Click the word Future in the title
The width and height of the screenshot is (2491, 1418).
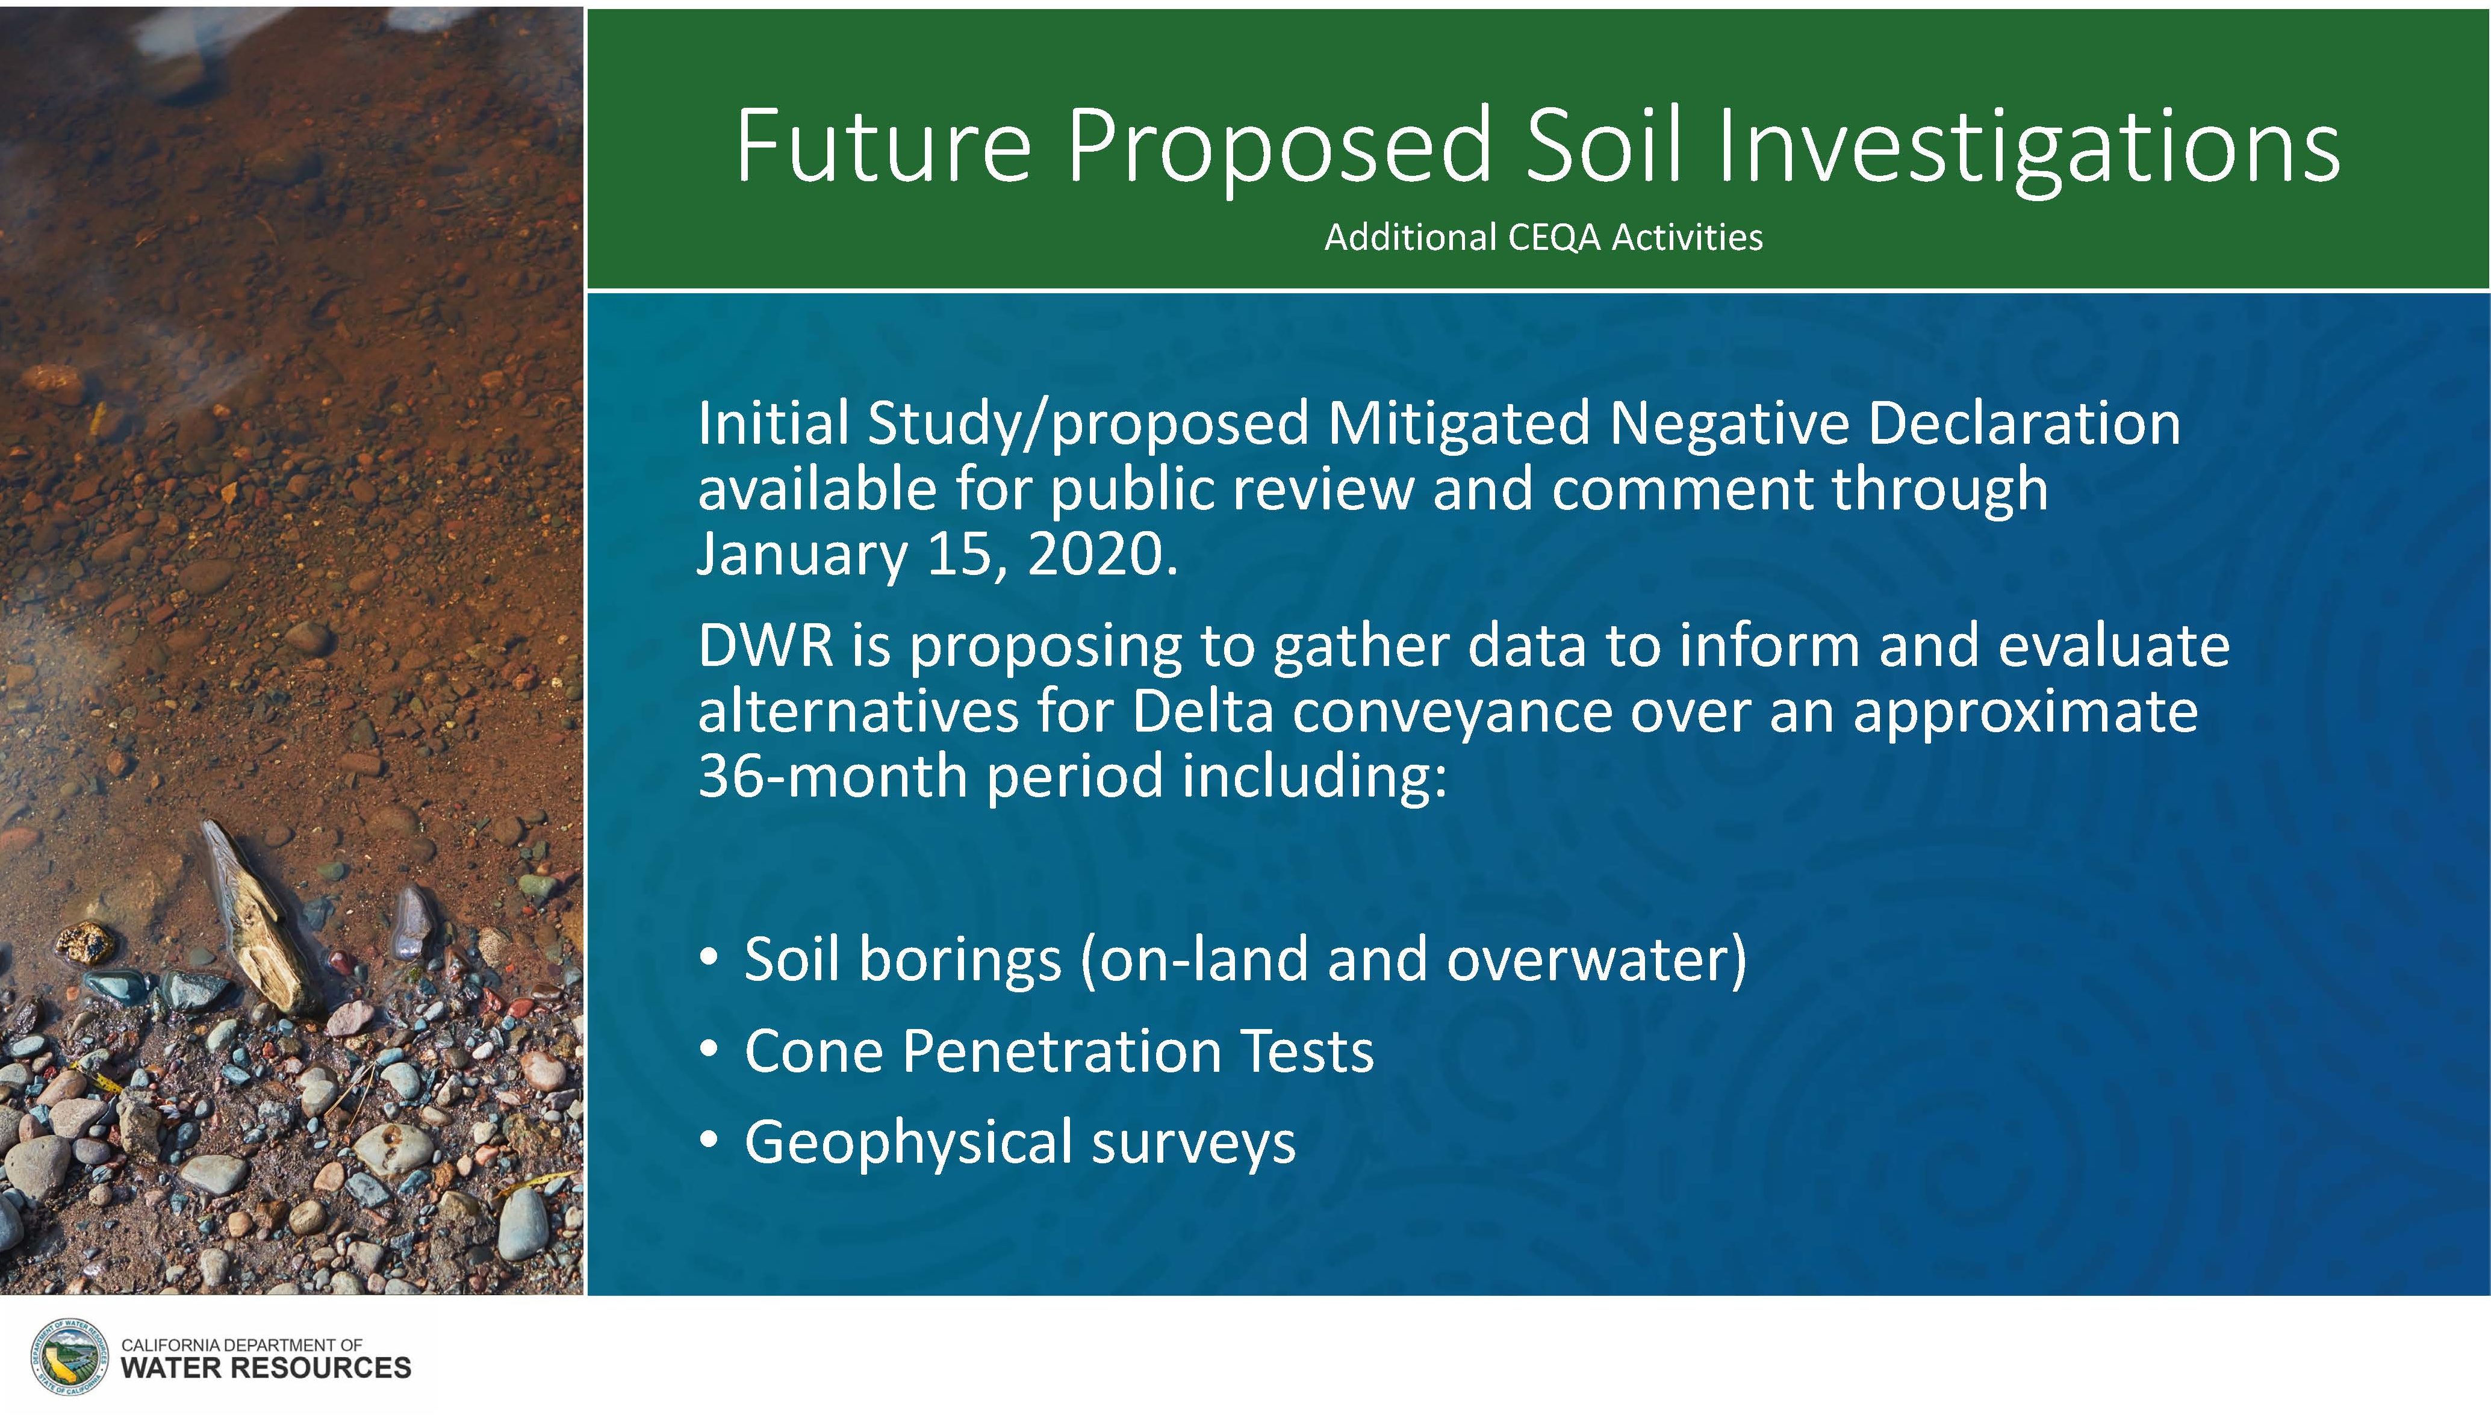pos(882,146)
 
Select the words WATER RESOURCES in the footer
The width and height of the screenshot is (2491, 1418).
pos(266,1369)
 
